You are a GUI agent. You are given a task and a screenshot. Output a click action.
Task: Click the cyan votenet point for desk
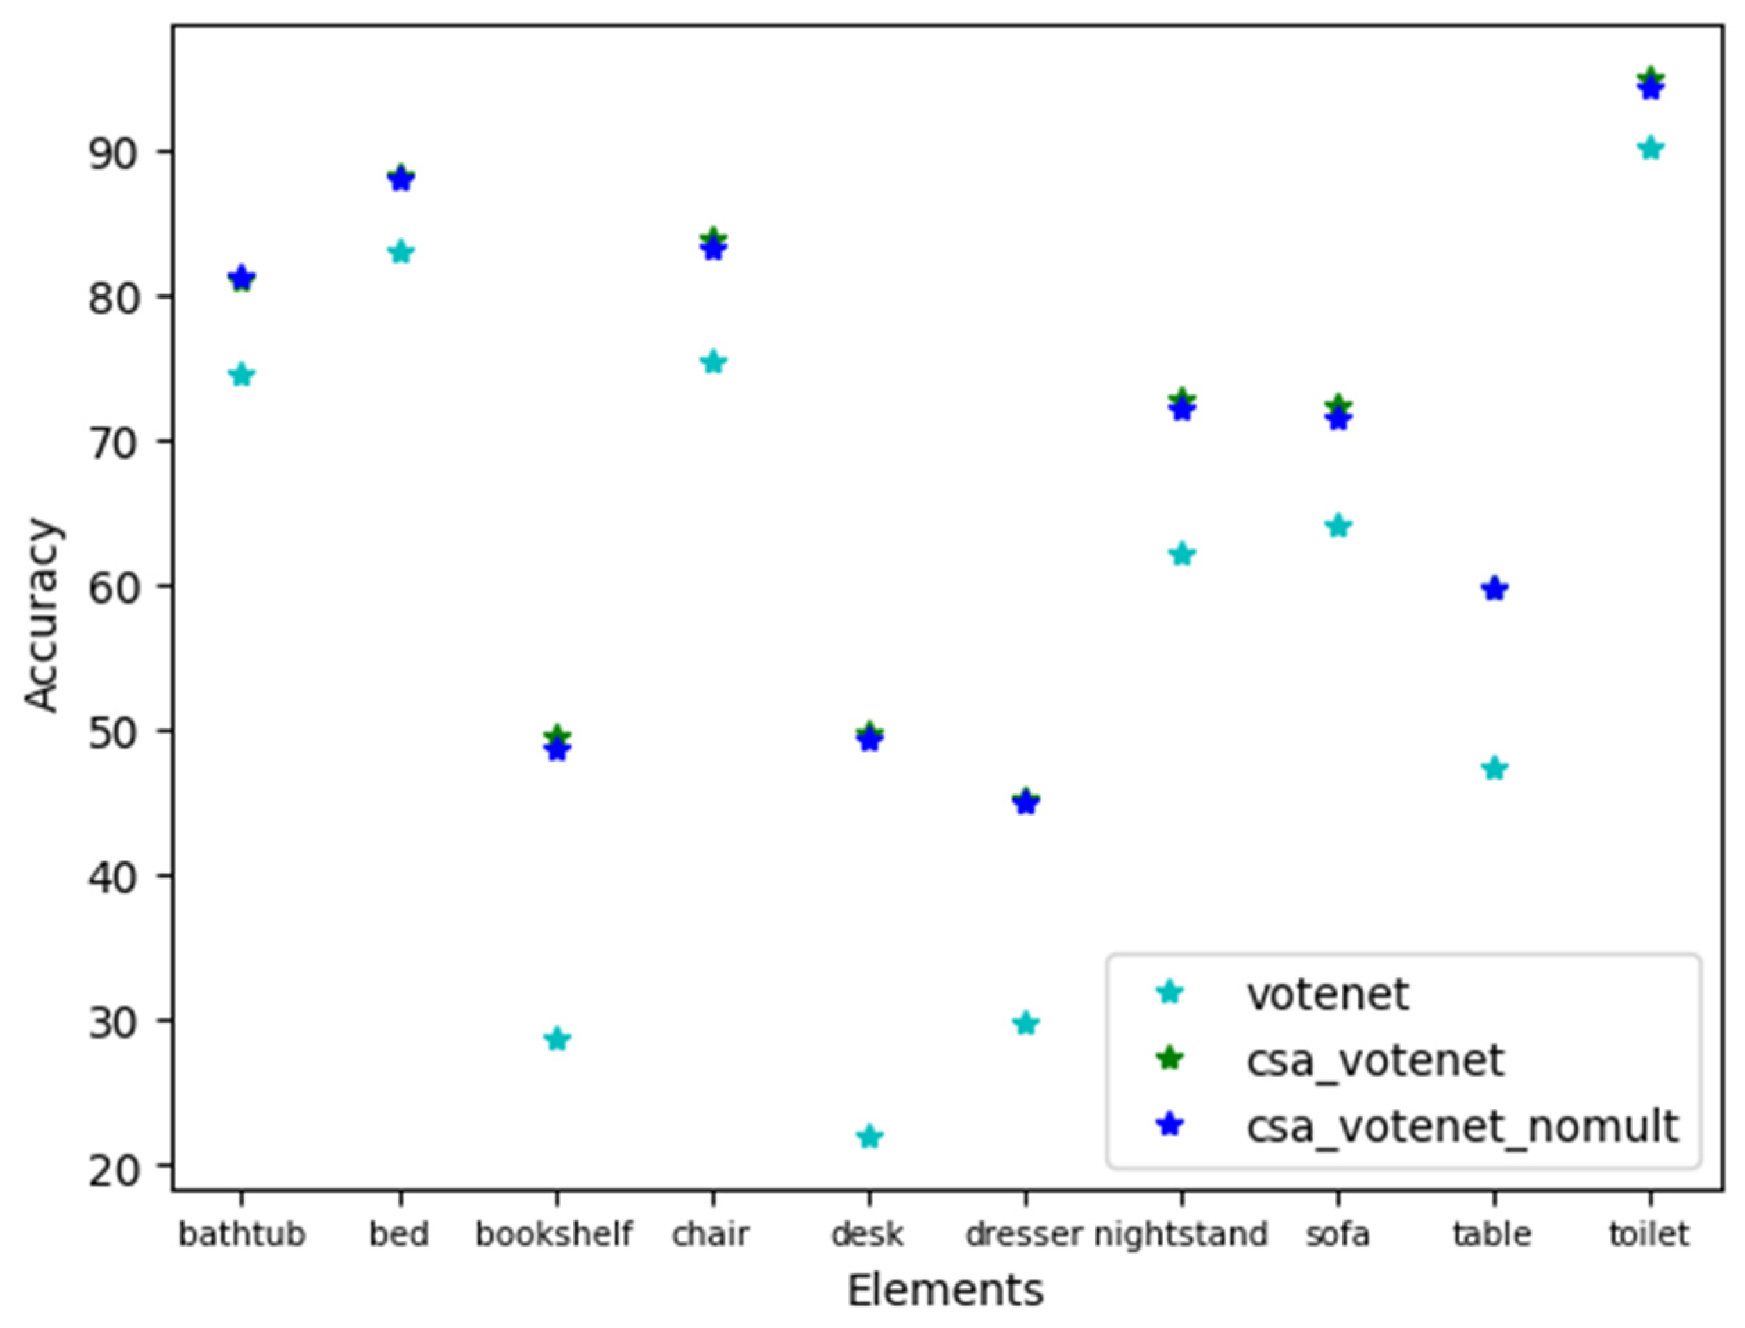869,1136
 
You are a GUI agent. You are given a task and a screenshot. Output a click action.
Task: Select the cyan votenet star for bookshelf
557,1039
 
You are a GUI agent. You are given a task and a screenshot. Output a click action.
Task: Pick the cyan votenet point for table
1494,768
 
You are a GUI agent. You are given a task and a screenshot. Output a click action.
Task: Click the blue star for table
1494,589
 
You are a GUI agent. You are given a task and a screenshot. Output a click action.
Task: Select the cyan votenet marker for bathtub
242,375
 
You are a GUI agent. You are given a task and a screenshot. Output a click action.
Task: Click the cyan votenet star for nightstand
1181,554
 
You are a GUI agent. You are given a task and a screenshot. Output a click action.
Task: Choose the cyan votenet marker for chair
713,363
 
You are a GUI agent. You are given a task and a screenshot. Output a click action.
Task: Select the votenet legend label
1328,993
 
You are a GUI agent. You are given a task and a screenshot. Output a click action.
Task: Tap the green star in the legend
1170,1059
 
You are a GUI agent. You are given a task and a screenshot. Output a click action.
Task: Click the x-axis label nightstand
1181,1234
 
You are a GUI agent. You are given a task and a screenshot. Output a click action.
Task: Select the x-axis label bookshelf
554,1234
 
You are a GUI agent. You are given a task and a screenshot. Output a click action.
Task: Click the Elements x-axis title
945,1291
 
